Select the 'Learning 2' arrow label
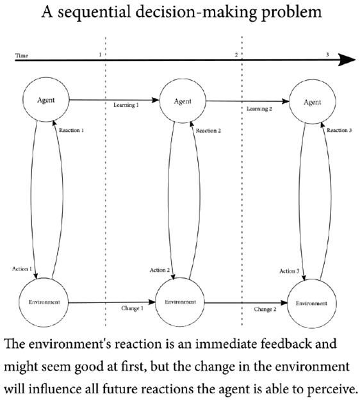click(x=260, y=109)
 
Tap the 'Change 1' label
click(x=132, y=309)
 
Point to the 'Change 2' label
click(x=265, y=309)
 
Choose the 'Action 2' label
click(x=160, y=270)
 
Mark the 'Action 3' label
click(x=289, y=271)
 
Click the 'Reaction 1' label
click(x=72, y=130)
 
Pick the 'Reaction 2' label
click(x=208, y=131)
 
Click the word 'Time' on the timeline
click(x=21, y=56)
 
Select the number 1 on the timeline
click(x=100, y=55)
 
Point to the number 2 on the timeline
click(x=236, y=55)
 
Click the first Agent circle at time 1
click(x=45, y=101)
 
